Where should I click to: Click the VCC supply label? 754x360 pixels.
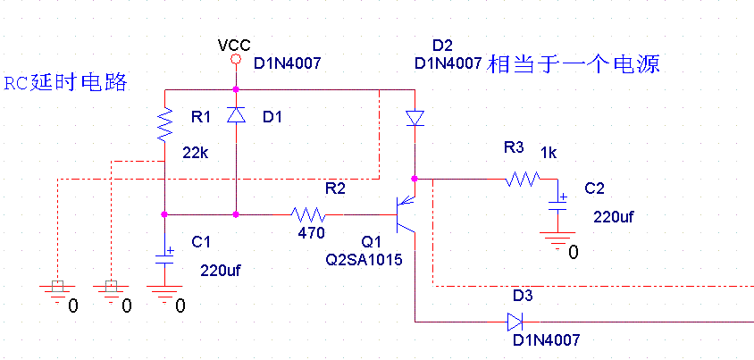click(x=234, y=45)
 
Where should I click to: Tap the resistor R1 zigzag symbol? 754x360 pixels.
click(x=165, y=125)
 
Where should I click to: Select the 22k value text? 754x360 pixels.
click(x=196, y=153)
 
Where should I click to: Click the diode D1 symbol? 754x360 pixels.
click(x=236, y=115)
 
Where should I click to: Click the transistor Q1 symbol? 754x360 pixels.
click(x=407, y=214)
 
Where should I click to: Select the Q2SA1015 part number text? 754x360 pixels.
click(x=364, y=260)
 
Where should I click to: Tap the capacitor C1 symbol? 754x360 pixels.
click(x=165, y=259)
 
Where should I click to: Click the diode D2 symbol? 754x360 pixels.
click(x=415, y=118)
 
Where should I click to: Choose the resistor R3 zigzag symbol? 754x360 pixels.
click(x=522, y=180)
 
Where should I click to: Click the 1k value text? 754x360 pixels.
click(x=548, y=153)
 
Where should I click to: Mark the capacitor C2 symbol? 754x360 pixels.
click(x=559, y=202)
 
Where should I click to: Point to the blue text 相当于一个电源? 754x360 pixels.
click(x=573, y=64)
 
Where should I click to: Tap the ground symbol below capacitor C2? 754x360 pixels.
click(x=559, y=239)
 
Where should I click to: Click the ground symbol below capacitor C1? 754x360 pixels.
click(x=165, y=292)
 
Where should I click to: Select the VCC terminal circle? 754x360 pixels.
click(x=236, y=60)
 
